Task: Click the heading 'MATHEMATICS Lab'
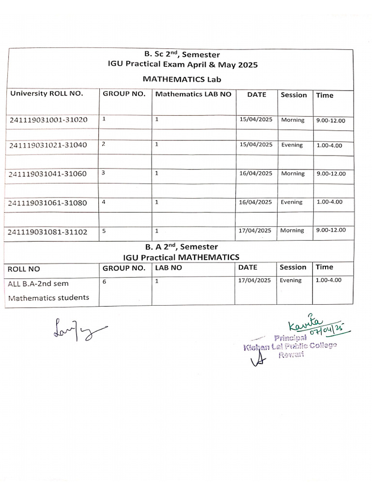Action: [182, 78]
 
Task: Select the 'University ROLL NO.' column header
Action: [47, 94]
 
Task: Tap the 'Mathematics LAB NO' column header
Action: [193, 94]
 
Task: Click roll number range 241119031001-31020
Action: [48, 120]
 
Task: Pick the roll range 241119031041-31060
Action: [48, 174]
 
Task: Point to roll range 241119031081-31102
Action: [48, 232]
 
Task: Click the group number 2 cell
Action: [104, 144]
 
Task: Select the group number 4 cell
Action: [104, 202]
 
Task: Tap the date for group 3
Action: [256, 173]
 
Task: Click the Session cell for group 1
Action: [293, 120]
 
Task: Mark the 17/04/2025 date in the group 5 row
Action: [256, 231]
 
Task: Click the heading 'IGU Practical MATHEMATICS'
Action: [181, 257]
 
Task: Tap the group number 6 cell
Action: [104, 280]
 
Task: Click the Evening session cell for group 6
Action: [291, 280]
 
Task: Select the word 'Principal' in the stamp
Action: [290, 337]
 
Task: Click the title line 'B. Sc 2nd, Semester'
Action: [182, 55]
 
